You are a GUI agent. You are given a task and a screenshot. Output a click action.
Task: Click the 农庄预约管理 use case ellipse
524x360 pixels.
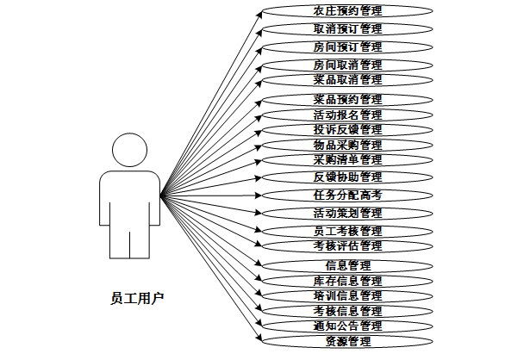pyautogui.click(x=347, y=11)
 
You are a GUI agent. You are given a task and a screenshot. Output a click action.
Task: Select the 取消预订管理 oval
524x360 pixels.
pyautogui.click(x=347, y=28)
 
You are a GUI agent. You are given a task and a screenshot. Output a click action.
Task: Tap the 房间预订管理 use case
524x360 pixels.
pyautogui.click(x=347, y=47)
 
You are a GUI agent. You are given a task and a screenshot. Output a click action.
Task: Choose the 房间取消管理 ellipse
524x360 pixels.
pyautogui.click(x=347, y=65)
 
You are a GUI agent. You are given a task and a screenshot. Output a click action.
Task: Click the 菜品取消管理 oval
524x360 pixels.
pyautogui.click(x=347, y=79)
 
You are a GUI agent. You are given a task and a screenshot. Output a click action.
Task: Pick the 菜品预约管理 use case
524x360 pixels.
pyautogui.click(x=347, y=99)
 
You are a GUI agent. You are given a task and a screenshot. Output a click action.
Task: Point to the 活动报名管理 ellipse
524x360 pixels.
pyautogui.click(x=347, y=115)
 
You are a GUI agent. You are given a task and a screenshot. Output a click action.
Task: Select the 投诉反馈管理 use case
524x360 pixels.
pyautogui.click(x=347, y=129)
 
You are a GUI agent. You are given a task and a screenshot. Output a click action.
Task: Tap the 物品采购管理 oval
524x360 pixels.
pyautogui.click(x=347, y=145)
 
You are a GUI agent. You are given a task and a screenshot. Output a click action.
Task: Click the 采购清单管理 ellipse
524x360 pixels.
pyautogui.click(x=347, y=159)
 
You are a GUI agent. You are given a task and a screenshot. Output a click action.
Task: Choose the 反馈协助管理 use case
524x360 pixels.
pyautogui.click(x=347, y=177)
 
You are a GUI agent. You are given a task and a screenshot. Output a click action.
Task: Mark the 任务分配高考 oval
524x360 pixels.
pyautogui.click(x=347, y=195)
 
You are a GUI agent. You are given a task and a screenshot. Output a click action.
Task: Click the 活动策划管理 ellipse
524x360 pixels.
pyautogui.click(x=347, y=213)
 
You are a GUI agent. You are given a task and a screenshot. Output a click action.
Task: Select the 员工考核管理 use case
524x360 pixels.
pyautogui.click(x=347, y=231)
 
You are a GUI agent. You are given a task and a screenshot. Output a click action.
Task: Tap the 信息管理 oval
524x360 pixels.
pyautogui.click(x=347, y=265)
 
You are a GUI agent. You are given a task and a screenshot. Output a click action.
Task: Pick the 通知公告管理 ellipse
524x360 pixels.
pyautogui.click(x=347, y=326)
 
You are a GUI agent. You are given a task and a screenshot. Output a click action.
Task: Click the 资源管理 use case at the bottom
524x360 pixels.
pyautogui.click(x=347, y=342)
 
